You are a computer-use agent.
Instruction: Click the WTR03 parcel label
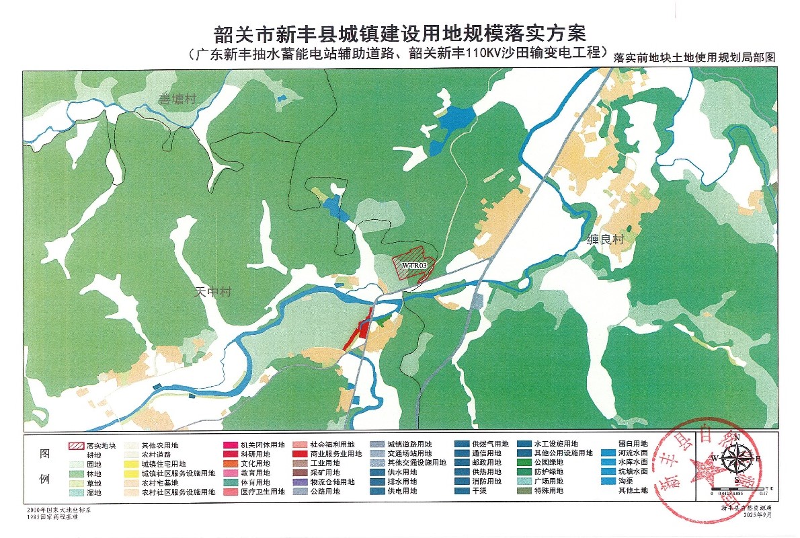(x=415, y=265)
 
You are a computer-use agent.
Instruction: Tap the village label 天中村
(x=212, y=292)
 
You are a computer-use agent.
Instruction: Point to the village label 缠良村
(x=606, y=239)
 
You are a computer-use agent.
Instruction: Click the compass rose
(x=737, y=459)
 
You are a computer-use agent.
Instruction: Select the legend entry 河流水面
(x=633, y=453)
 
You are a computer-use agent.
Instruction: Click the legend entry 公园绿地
(x=551, y=463)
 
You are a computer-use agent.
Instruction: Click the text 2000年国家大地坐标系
(x=54, y=512)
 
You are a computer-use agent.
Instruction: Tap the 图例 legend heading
(x=45, y=467)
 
